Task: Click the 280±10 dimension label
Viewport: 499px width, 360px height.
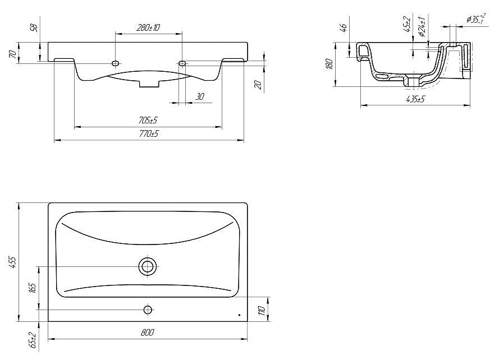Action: coord(148,27)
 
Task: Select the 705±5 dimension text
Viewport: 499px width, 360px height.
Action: coord(148,120)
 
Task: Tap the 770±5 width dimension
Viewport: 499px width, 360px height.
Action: coord(149,133)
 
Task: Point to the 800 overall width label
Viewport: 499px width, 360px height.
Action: coord(147,333)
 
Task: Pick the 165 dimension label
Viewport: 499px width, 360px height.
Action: coord(32,288)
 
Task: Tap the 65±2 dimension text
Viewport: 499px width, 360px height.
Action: coord(32,340)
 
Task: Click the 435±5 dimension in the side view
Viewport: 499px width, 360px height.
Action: coord(415,99)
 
